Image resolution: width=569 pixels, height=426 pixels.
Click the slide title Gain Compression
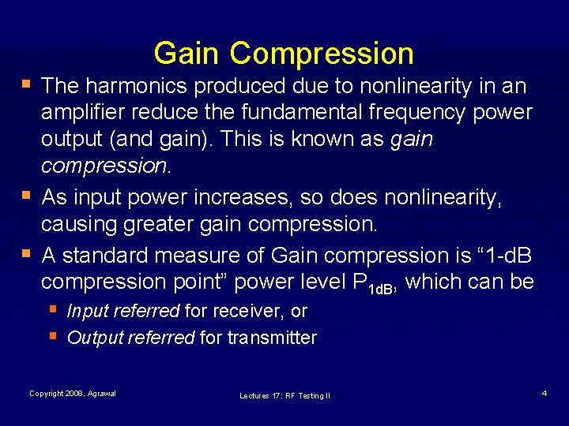pos(284,54)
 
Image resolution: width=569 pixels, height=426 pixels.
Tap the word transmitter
pos(272,338)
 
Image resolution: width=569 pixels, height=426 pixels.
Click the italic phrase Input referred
pos(123,311)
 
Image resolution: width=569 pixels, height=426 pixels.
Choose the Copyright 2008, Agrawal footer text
pos(73,394)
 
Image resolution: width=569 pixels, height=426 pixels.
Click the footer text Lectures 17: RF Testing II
pos(284,395)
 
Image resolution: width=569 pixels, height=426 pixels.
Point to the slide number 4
pos(545,393)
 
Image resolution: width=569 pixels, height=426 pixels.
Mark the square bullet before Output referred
pos(52,336)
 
